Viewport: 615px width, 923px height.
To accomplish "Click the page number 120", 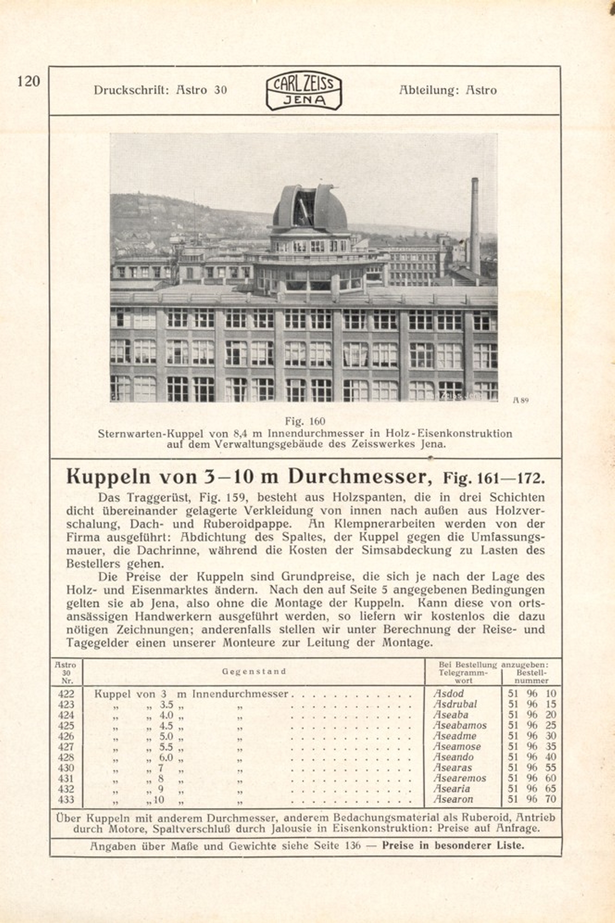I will [29, 82].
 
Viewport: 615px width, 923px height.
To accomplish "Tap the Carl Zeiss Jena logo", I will [304, 91].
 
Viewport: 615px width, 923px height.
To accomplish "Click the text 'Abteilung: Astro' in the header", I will [447, 90].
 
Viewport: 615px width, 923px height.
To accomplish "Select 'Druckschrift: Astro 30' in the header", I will [160, 90].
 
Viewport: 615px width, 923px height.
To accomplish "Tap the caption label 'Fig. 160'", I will [305, 421].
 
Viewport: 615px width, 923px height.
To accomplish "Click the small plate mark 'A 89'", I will [521, 400].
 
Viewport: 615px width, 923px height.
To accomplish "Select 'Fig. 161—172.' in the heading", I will [494, 477].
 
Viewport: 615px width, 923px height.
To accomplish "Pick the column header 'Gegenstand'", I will [254, 671].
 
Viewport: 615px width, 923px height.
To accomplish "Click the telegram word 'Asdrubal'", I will [455, 704].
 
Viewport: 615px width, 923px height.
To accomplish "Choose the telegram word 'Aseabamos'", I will [459, 725].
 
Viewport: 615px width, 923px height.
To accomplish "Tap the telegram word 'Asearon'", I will [453, 799].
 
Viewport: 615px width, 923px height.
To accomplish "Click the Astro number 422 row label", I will [66, 694].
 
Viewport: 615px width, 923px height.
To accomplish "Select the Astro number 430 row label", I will [66, 767].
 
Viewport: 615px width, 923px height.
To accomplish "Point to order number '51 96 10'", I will [532, 694].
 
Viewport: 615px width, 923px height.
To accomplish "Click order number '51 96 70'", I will [532, 799].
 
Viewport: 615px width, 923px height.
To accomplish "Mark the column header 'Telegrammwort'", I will [463, 676].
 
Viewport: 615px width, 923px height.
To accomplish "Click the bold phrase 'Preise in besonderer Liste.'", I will [452, 845].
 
